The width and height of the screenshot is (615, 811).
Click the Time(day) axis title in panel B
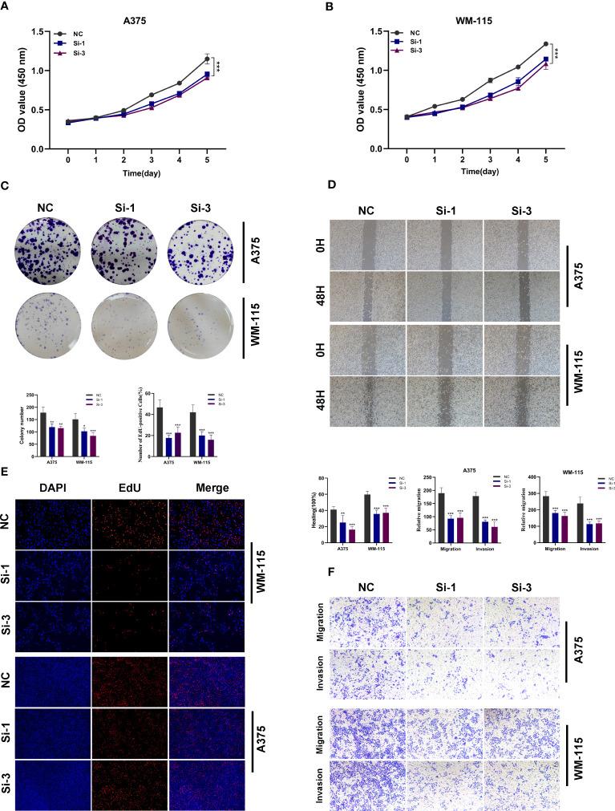(x=476, y=172)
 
